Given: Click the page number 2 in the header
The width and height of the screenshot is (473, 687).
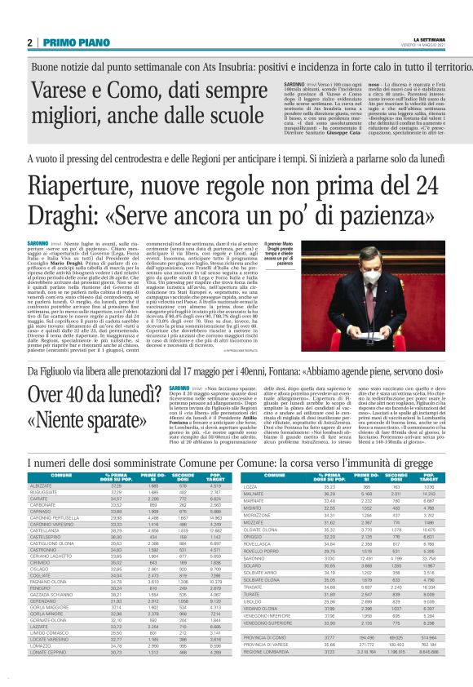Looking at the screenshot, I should (29, 42).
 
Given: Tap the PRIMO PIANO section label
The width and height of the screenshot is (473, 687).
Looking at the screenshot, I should (68, 42).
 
